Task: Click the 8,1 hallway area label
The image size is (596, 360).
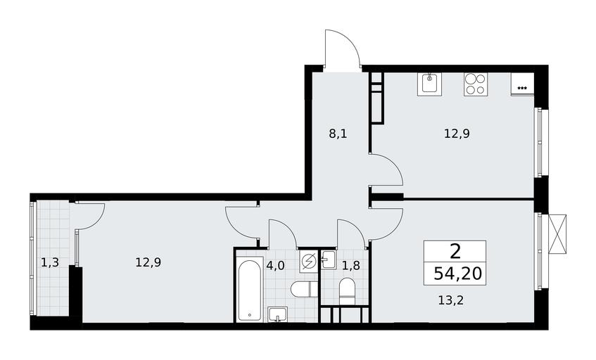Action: tap(338, 134)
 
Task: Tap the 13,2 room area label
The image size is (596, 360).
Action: tap(451, 301)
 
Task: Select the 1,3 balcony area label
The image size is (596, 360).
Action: tap(50, 262)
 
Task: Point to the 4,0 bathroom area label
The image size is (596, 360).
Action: tap(275, 266)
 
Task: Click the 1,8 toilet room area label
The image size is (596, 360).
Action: tap(350, 266)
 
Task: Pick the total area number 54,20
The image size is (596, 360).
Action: tap(457, 273)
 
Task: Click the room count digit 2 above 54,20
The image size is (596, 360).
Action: tap(455, 251)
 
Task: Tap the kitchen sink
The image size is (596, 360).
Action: tap(429, 84)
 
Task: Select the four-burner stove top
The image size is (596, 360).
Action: tap(476, 84)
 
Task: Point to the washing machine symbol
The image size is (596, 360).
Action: tap(309, 262)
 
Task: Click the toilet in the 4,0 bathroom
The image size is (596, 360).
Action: tap(304, 290)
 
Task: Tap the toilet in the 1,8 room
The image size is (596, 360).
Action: tap(347, 291)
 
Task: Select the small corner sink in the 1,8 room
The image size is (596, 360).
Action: tap(329, 259)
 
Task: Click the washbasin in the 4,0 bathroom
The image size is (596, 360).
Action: tap(277, 314)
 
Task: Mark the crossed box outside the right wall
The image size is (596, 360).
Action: tap(558, 233)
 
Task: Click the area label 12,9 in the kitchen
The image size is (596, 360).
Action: tap(457, 134)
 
